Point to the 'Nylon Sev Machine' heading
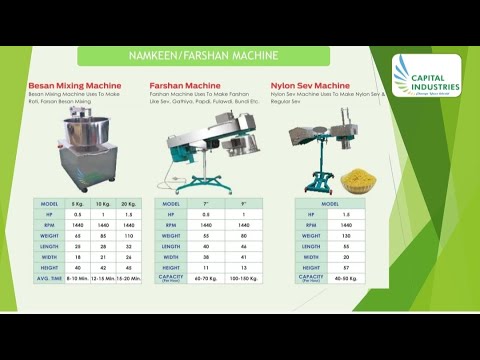point(311,87)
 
